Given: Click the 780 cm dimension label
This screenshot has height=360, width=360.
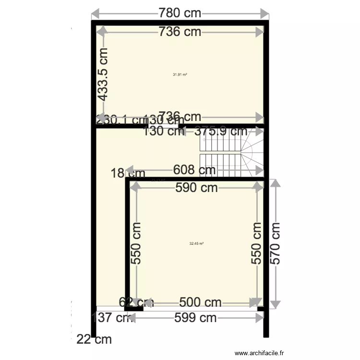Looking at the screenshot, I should point(180,13).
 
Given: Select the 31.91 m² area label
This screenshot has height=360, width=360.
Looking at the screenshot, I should point(180,74).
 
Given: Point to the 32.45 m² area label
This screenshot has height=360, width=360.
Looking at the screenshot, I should point(196,243).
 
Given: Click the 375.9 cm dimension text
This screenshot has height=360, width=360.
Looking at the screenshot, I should point(221,131).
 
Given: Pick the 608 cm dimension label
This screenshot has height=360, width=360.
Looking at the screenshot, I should point(194,170).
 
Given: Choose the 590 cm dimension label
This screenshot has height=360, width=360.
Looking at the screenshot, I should point(196,188).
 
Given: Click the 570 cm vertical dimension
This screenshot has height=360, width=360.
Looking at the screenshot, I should point(275,243).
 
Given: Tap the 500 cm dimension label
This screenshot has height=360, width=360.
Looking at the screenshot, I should point(200,302).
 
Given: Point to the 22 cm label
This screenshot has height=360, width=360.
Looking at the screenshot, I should point(94,340).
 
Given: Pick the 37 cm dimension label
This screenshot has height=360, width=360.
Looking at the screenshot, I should point(114,317).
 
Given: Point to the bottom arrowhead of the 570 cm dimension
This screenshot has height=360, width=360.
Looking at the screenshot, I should point(275,304).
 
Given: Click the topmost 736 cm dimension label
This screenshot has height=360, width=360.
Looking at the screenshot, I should point(180,32).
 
